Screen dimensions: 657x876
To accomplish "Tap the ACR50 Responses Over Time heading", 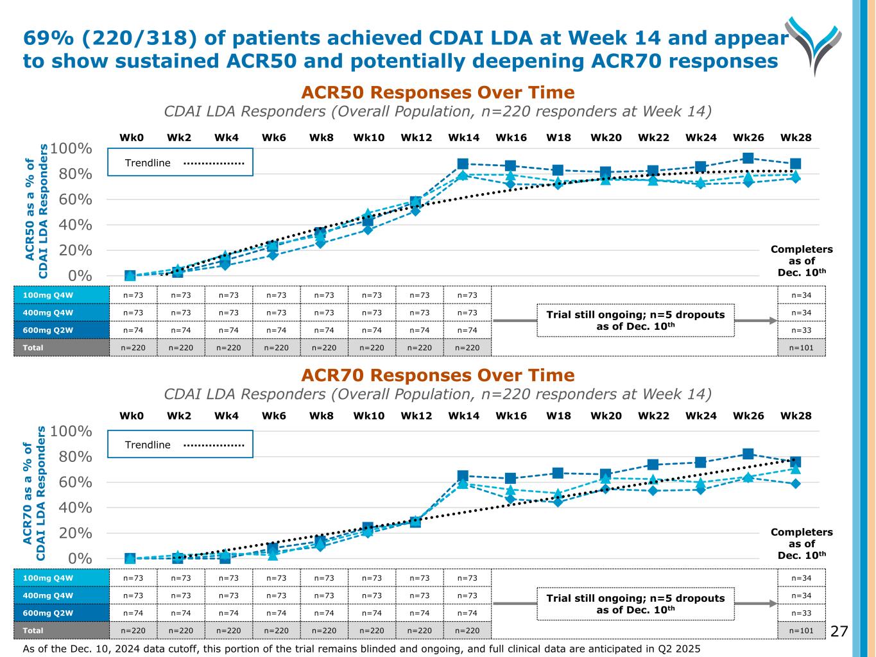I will pyautogui.click(x=438, y=92).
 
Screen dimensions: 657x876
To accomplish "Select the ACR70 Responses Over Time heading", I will pyautogui.click(x=438, y=375).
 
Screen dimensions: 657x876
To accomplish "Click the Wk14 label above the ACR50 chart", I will pyautogui.click(x=463, y=137).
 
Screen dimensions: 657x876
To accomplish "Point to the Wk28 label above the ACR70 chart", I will pyautogui.click(x=796, y=416).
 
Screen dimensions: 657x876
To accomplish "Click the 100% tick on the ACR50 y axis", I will pyautogui.click(x=71, y=149).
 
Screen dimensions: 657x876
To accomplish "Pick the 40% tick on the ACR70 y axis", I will pyautogui.click(x=74, y=508).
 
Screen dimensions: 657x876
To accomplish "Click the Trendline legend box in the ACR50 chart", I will pyautogui.click(x=180, y=162).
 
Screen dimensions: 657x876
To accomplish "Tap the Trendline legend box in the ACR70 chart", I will pyautogui.click(x=180, y=444).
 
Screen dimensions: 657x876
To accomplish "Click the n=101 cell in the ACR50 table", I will pyautogui.click(x=801, y=347).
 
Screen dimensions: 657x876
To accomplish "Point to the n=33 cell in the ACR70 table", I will pyautogui.click(x=801, y=613).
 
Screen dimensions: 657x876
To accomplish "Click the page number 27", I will pyautogui.click(x=839, y=632).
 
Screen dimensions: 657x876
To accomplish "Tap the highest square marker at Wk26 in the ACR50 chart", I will pyautogui.click(x=748, y=158).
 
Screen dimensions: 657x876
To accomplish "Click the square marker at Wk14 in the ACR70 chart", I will pyautogui.click(x=463, y=476).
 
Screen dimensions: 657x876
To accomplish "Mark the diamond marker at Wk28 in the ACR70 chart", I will pyautogui.click(x=795, y=484).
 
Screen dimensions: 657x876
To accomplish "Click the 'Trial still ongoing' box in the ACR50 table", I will pyautogui.click(x=635, y=320).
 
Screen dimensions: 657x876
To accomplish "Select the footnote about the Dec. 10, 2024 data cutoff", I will pyautogui.click(x=361, y=649).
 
